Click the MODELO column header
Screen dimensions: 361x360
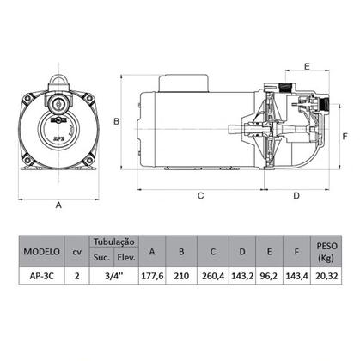[x=40, y=253]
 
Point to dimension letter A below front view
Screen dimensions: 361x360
[x=59, y=205]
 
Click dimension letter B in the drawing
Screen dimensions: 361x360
[x=115, y=123]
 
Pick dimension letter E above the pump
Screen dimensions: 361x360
[x=307, y=65]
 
